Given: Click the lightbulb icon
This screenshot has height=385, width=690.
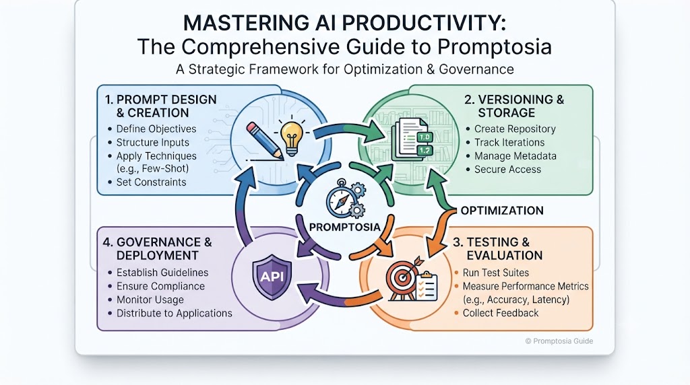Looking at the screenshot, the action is (292, 137).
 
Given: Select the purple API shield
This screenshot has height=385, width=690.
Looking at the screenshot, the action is (272, 277).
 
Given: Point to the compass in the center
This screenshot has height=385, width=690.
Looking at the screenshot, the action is (340, 201).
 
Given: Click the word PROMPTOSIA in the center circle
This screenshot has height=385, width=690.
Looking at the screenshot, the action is (344, 228).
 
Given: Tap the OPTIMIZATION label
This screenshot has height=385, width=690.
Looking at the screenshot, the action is (502, 211).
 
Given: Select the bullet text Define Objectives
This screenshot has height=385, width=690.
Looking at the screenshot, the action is (156, 129).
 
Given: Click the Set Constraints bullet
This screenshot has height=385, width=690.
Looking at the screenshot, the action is (151, 182).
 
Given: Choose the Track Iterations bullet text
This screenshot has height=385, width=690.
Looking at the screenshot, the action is (509, 143).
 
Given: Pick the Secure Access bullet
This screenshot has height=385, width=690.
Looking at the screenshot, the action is (507, 169).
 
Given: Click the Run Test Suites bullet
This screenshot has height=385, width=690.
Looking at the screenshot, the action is (495, 273).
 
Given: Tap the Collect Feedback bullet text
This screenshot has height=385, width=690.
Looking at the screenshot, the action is (501, 313).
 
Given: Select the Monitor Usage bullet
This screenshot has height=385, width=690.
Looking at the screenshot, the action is (150, 300).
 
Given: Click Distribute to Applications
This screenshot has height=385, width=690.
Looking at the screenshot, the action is (175, 314).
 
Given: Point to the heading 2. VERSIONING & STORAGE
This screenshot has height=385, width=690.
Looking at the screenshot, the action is (513, 106).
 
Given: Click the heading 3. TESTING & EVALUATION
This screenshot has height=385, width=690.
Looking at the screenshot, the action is (498, 249).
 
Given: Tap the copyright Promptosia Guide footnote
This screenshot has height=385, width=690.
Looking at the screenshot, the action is (559, 341).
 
